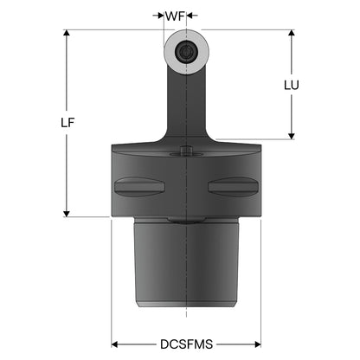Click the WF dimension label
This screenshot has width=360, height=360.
(175, 16)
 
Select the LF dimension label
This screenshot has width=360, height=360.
(67, 123)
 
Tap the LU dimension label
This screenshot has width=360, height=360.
(292, 85)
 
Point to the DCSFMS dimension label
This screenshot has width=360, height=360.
(187, 344)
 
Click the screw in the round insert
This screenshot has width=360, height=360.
(186, 52)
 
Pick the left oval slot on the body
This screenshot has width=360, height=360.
(139, 187)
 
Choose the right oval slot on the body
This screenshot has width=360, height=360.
(233, 187)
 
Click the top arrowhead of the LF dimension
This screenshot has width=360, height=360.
(67, 33)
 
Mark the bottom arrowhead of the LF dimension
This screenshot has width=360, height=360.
(67, 214)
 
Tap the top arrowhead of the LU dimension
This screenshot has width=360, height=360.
(292, 33)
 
